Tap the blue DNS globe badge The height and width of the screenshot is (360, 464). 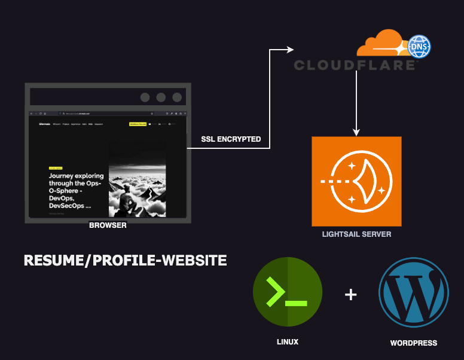click(x=419, y=46)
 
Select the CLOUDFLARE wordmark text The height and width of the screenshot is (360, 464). click(x=355, y=65)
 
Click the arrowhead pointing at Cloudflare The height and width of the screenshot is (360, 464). click(x=292, y=50)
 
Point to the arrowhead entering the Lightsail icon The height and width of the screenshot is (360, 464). click(x=356, y=132)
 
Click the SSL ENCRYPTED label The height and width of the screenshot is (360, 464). click(x=231, y=139)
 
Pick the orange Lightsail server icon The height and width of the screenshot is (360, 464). click(x=356, y=181)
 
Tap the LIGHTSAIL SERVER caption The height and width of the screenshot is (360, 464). click(x=356, y=234)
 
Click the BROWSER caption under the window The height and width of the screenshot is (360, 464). click(x=108, y=225)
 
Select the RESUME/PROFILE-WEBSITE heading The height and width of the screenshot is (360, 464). click(x=125, y=261)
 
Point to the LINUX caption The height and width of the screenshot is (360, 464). click(x=288, y=342)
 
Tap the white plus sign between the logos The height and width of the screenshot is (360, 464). click(x=351, y=294)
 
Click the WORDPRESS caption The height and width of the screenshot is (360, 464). click(x=413, y=343)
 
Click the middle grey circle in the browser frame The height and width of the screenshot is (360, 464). click(x=161, y=97)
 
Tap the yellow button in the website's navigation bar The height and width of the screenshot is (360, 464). click(x=138, y=124)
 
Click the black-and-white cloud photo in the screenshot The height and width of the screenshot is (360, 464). click(x=137, y=179)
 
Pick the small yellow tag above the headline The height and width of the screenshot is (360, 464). click(x=56, y=169)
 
